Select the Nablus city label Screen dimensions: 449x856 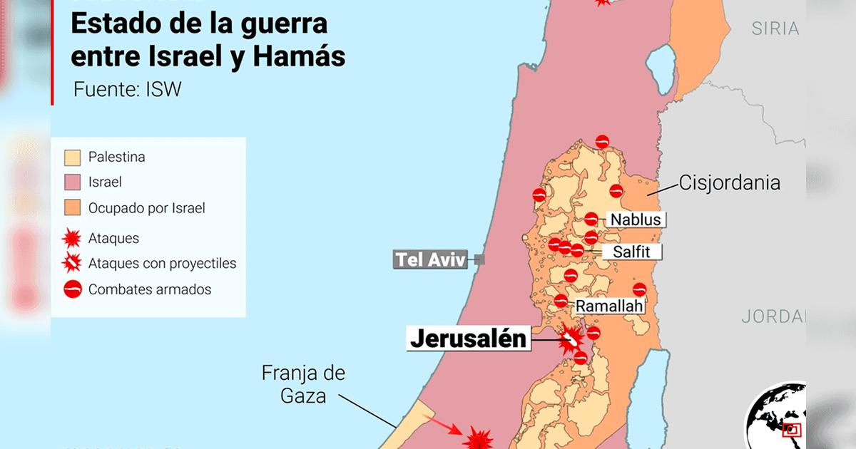634,220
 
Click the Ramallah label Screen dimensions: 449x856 610,306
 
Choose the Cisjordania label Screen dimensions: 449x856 729,182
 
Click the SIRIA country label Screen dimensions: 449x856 775,29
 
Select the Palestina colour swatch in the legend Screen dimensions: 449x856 71,157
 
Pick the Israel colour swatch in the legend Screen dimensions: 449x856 71,182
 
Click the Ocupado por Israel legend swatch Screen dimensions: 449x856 71,209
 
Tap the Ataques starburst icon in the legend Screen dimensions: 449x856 71,238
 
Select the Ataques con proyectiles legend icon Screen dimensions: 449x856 71,264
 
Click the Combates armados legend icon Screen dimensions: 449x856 71,289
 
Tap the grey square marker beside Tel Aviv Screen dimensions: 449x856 479,260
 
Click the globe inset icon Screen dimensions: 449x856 776,417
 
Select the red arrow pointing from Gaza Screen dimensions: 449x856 448,428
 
